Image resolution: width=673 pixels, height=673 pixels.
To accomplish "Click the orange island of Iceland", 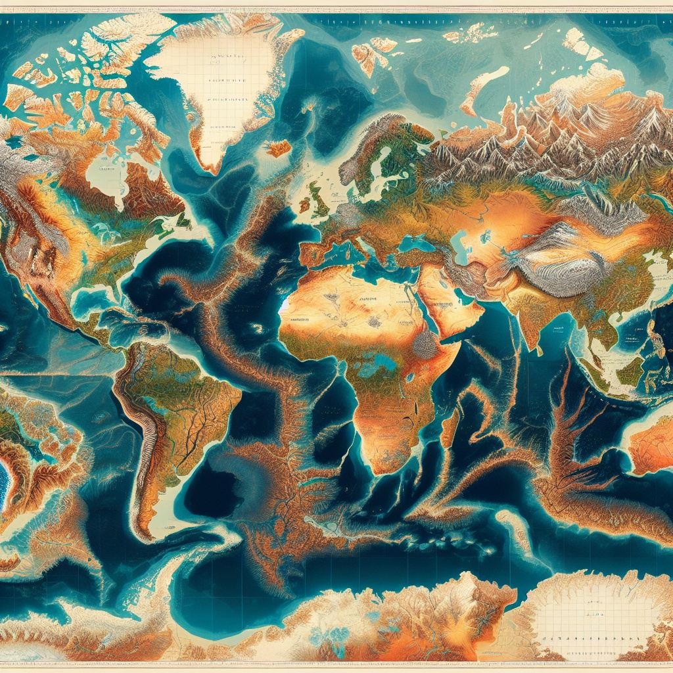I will coord(278,148).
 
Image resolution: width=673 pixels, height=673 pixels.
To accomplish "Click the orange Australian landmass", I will coord(651,447).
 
